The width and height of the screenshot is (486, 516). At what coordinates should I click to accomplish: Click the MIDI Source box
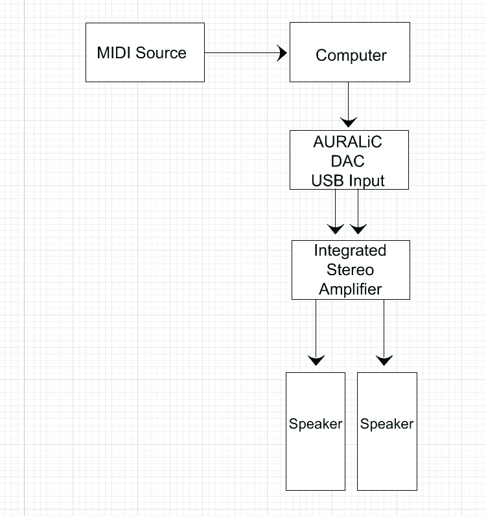145,52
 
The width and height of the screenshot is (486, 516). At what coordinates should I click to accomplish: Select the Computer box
349,52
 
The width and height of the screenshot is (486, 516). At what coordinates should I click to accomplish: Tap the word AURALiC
348,142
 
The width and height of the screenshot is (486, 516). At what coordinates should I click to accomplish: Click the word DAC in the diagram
349,161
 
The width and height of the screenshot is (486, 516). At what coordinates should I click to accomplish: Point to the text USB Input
348,181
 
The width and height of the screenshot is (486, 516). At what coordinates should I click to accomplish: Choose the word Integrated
350,251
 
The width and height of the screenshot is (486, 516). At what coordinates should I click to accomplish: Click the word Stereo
350,269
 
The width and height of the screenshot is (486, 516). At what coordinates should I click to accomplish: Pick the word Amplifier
350,289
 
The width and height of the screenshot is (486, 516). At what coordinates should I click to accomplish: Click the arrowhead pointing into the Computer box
282,53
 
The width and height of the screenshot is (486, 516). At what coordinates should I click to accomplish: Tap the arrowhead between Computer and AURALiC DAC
349,122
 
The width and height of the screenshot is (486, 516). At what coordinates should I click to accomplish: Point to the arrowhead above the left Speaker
316,360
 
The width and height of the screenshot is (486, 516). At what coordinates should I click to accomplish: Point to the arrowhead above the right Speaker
384,360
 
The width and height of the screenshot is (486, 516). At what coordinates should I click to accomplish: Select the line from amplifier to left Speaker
316,327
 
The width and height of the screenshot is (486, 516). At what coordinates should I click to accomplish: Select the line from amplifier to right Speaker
384,327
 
